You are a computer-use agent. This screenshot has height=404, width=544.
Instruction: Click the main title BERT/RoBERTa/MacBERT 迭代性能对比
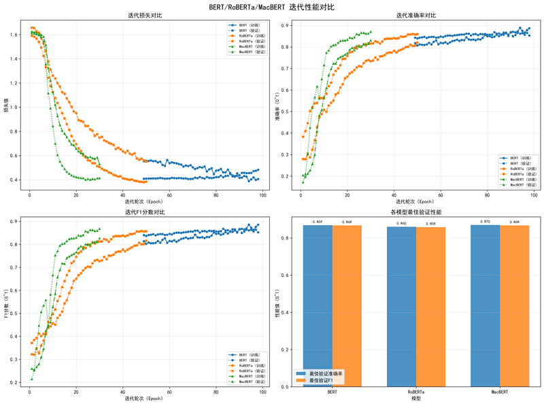point(272,7)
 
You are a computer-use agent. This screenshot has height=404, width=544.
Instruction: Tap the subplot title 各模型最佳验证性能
point(416,212)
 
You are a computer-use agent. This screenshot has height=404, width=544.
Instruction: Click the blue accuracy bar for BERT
point(318,306)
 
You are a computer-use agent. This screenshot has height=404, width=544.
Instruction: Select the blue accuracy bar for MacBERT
point(485,306)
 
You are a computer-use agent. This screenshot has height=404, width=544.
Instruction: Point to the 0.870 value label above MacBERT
point(485,222)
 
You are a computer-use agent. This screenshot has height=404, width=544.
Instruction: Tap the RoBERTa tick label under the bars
point(416,392)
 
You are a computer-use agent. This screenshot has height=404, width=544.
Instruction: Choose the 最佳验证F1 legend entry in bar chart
point(323,380)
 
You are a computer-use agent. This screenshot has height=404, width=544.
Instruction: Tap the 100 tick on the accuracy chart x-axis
point(534,195)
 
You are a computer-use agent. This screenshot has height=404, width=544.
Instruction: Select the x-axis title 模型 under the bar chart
point(416,399)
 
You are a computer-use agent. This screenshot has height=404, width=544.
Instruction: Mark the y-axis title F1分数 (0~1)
point(6,303)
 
